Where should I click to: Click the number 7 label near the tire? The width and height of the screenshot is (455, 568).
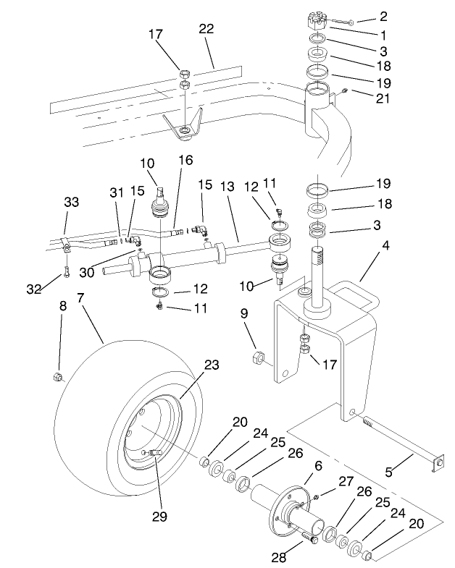80,297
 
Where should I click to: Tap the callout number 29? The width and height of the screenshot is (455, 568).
159,516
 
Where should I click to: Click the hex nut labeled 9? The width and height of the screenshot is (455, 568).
256,357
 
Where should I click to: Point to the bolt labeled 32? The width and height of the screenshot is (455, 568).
64,273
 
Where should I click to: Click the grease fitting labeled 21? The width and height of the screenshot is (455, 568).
345,90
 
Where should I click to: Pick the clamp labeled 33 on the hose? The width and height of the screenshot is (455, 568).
66,245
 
